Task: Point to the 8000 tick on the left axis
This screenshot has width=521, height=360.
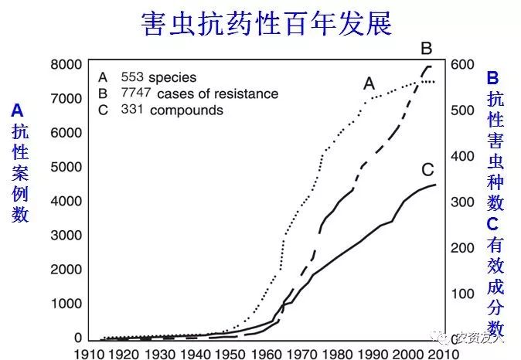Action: point(66,64)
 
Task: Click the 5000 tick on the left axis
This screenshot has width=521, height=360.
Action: point(66,167)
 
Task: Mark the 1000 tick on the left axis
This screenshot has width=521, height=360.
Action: point(66,304)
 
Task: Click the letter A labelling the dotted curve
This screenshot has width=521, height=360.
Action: point(369,83)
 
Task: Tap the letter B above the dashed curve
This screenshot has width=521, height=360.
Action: point(426,49)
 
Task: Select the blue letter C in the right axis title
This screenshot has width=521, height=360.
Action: point(493,224)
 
